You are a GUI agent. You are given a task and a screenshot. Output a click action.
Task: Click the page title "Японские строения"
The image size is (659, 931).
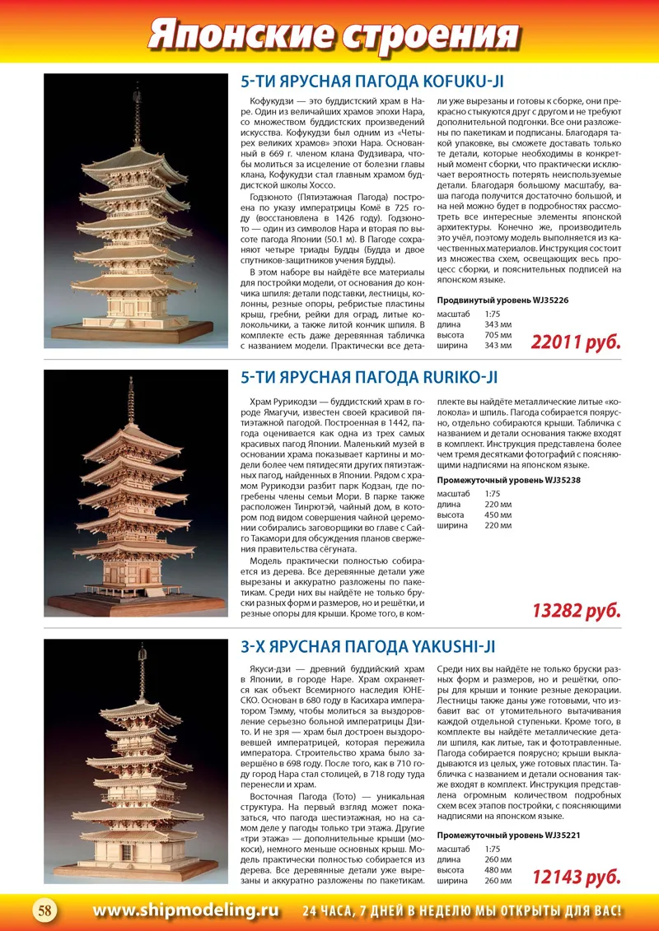pyautogui.click(x=330, y=35)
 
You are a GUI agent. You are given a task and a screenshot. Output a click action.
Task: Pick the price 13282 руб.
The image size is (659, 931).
pyautogui.click(x=576, y=611)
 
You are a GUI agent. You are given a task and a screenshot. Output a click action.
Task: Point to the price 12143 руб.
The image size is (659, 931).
pyautogui.click(x=576, y=877)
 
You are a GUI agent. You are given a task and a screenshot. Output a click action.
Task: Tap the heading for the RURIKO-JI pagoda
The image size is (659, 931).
pyautogui.click(x=369, y=377)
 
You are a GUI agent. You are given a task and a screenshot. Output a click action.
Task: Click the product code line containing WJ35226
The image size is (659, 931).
pyautogui.click(x=502, y=300)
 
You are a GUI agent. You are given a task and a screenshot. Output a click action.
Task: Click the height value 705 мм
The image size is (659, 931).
pyautogui.click(x=498, y=335)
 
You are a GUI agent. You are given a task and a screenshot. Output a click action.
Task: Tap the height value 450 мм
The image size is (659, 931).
pyautogui.click(x=498, y=514)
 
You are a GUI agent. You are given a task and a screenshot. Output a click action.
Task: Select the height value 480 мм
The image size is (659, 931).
pyautogui.click(x=498, y=871)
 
